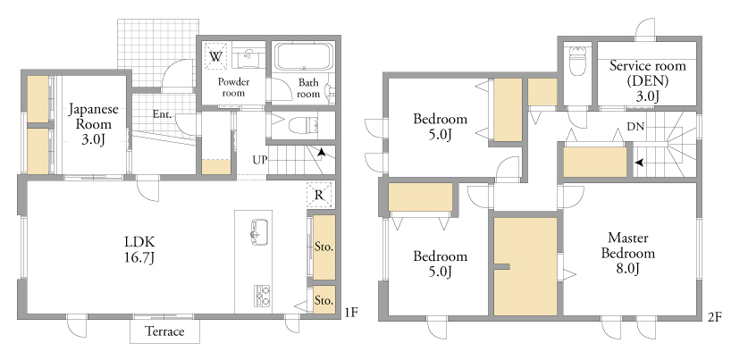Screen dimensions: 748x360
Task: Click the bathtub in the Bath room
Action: coord(305,57)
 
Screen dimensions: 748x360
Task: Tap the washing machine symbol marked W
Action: coord(215,56)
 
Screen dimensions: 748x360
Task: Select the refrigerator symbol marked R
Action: coord(319,195)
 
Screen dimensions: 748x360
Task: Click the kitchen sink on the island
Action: coord(259,231)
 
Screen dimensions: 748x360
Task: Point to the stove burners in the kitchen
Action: coord(262,296)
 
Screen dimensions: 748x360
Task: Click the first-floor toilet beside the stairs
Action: coord(303,125)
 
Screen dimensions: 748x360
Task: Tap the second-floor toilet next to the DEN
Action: coord(577,61)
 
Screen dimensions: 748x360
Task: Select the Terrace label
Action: coord(164,331)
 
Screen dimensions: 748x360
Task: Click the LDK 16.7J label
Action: coord(139,249)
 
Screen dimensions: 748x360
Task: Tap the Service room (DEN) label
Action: coord(647,80)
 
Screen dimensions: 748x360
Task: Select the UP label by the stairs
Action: coord(259,160)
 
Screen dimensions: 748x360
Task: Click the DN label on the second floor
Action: coord(635,127)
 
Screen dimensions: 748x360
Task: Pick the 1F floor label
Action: coord(351,313)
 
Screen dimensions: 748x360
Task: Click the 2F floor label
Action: coord(715,316)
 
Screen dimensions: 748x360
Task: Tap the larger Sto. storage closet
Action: coord(324,247)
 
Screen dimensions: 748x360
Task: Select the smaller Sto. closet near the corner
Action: coord(324,300)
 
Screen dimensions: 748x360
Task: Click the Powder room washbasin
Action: coord(248,58)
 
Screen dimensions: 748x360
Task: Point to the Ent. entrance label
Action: coord(162,114)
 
